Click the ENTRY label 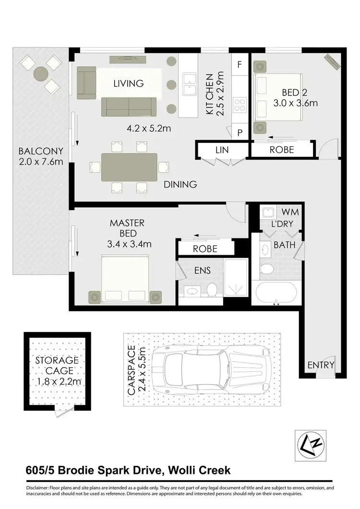[x=321, y=365]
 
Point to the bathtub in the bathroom [x=276, y=292]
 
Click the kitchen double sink [x=190, y=84]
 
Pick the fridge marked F [x=240, y=64]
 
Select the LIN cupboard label [x=222, y=150]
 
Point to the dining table [x=129, y=167]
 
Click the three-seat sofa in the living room [x=128, y=106]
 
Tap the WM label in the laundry [x=287, y=212]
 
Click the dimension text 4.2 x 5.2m [x=142, y=129]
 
